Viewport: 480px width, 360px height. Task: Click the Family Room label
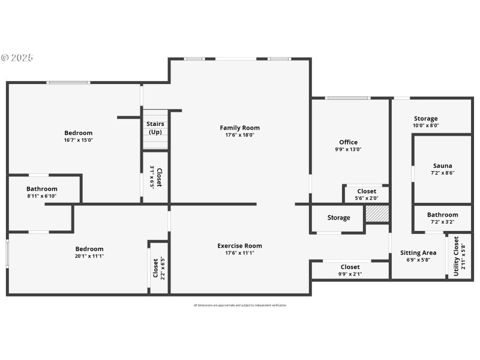tap(239, 128)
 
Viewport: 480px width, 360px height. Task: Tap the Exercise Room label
tap(239, 246)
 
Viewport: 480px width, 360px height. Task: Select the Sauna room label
tap(442, 166)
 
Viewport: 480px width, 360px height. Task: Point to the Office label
tap(348, 142)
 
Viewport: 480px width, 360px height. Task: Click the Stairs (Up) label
tap(155, 128)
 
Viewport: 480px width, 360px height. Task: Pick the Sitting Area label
tap(418, 253)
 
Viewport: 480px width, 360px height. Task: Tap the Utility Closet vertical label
tap(456, 256)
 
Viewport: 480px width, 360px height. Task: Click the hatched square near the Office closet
tap(377, 214)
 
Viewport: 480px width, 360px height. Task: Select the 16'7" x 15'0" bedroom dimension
tap(78, 140)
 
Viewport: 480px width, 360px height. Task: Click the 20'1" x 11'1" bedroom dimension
tap(89, 256)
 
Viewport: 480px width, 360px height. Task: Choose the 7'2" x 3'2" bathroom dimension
tap(442, 222)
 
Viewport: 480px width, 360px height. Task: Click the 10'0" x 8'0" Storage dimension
tap(425, 125)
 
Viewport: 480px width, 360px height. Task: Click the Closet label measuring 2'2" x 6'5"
tap(156, 268)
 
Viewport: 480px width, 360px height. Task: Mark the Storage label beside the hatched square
tap(338, 218)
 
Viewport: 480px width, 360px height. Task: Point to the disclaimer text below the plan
tap(239, 305)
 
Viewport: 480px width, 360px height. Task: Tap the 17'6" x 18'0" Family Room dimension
tap(239, 135)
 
